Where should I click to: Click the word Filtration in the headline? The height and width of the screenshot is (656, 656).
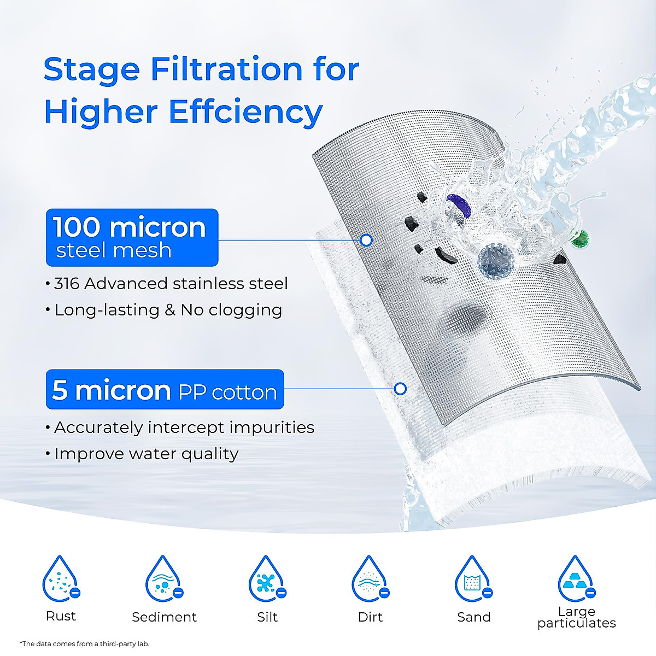pos(226,70)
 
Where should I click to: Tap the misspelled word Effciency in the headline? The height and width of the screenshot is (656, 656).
pos(245,112)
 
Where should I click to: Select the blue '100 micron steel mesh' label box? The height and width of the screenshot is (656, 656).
pos(132,238)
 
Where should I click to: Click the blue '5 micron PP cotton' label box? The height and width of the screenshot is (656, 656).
pos(165,390)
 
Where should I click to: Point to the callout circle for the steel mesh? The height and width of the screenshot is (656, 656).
pos(367,240)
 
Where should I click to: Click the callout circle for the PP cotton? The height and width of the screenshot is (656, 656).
pos(400,389)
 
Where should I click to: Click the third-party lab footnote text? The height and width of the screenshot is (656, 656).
pos(84,644)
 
